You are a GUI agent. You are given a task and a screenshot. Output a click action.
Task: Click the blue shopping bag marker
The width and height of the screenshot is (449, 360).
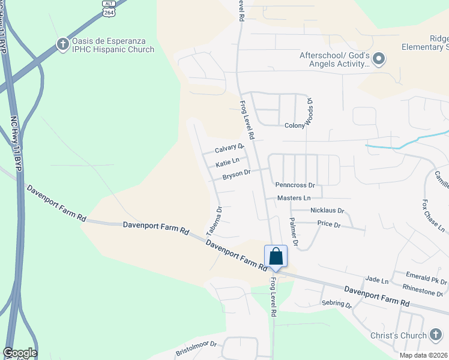tap(276, 257)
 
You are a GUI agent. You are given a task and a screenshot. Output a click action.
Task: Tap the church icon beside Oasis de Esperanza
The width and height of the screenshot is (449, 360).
tap(62, 44)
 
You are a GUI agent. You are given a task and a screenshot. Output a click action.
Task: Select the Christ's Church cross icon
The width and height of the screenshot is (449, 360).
tap(437, 335)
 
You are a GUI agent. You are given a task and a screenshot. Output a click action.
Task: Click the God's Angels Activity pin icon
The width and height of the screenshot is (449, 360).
tap(379, 59)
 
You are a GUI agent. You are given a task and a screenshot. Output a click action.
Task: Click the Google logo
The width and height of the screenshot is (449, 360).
tap(19, 353)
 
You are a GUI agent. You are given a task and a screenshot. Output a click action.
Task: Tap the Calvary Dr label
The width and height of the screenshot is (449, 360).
tap(229, 148)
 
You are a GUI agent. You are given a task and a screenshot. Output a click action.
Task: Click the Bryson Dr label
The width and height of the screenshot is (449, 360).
tap(236, 175)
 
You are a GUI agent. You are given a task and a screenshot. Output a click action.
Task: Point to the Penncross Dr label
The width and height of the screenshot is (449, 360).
tap(295, 185)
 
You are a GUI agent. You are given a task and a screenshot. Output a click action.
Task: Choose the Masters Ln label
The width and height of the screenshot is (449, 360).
tap(294, 198)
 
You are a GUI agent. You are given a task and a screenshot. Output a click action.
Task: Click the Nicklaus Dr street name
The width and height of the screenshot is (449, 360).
tap(327, 211)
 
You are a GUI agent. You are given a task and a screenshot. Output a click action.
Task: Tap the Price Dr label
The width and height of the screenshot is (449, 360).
tap(329, 224)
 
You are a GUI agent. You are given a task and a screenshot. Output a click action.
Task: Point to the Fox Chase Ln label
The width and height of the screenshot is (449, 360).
tap(433, 216)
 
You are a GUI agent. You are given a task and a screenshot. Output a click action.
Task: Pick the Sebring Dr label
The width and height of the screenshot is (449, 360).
tap(336, 305)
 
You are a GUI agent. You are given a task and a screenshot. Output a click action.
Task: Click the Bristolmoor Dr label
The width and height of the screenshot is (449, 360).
tap(195, 349)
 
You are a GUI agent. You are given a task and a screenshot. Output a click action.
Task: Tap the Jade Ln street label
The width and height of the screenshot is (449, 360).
tap(377, 280)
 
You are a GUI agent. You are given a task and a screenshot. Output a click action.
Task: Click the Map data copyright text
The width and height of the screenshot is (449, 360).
tap(423, 355)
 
